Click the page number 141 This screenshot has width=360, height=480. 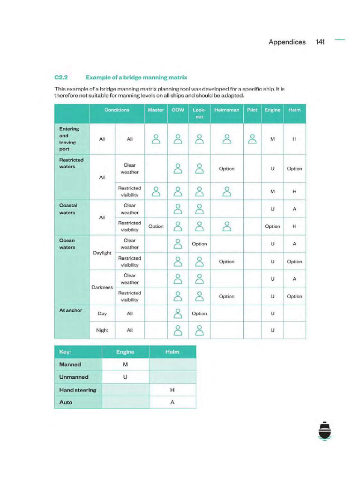coord(320,42)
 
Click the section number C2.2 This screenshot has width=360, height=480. coord(62,77)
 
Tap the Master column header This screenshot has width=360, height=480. coord(156,110)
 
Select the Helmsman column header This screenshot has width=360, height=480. coord(226,110)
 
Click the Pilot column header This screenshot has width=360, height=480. coord(252,110)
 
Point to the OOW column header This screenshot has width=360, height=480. coord(178,110)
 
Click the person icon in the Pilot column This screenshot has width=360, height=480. coord(252,139)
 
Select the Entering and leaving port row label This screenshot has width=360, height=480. coord(69,139)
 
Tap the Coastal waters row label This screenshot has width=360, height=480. coord(68,209)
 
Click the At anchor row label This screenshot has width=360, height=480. coord(71,310)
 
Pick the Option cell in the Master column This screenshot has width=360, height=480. coord(156,226)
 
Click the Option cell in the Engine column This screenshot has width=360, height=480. coord(272,226)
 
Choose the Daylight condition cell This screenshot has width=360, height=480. coord(102,253)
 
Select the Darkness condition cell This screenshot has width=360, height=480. coord(102,287)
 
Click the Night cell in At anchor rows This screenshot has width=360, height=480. coord(102,330)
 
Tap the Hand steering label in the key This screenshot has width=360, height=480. coord(78,390)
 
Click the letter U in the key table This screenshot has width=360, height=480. coord(125,377)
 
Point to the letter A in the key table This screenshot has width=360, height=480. coord(172,402)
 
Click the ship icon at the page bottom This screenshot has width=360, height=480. coord(324,431)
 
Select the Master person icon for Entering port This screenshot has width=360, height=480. coord(156,139)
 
